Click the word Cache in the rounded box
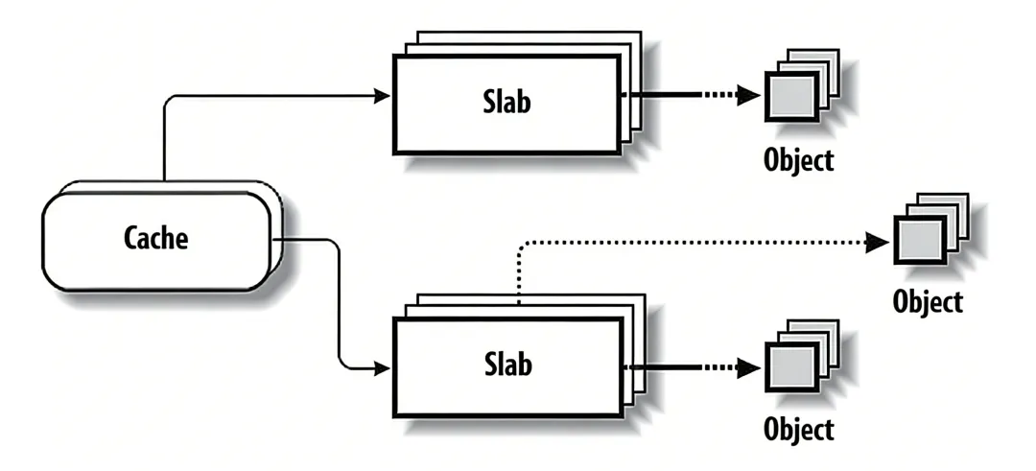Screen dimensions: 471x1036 tap(156, 238)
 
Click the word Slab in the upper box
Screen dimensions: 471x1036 tap(506, 102)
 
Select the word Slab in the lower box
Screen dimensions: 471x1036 tap(506, 365)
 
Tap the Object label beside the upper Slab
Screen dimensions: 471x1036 tap(798, 159)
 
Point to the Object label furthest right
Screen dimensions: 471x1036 tap(927, 301)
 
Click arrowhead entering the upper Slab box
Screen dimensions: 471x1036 tap(383, 95)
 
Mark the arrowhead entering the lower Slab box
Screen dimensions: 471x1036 tap(383, 366)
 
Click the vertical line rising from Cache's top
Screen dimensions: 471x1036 tap(164, 144)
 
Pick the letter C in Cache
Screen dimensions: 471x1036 tap(131, 238)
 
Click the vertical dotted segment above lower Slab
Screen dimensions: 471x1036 tap(519, 278)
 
